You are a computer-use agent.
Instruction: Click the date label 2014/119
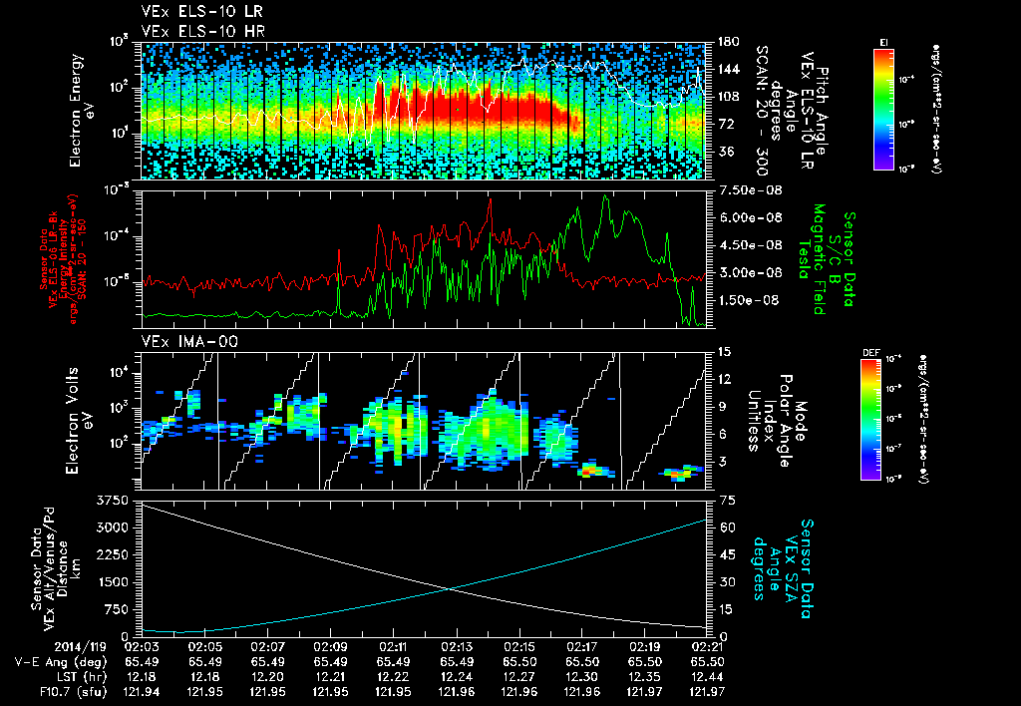pos(45,646)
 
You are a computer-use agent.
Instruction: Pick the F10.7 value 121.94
pos(143,692)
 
